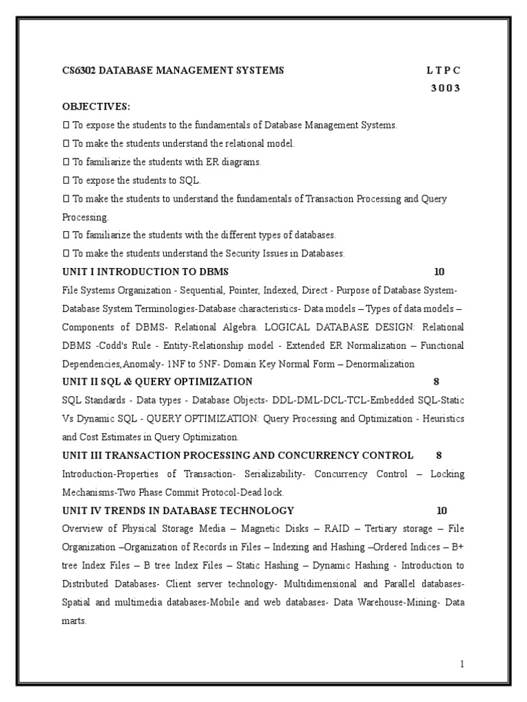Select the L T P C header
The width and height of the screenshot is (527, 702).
pyautogui.click(x=443, y=71)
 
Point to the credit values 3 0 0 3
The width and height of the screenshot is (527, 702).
pyautogui.click(x=445, y=88)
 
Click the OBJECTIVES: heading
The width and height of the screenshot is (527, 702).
pyautogui.click(x=96, y=107)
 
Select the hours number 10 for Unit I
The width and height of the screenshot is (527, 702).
pyautogui.click(x=440, y=271)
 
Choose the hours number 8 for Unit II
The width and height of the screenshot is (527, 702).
pyautogui.click(x=436, y=382)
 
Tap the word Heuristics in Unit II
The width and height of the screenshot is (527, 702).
pyautogui.click(x=441, y=418)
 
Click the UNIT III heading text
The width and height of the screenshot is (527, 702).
pyautogui.click(x=237, y=455)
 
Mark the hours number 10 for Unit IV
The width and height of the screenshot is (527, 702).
pyautogui.click(x=441, y=511)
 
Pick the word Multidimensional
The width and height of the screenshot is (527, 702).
pyautogui.click(x=317, y=584)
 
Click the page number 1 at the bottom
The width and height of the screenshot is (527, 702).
pyautogui.click(x=462, y=664)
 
